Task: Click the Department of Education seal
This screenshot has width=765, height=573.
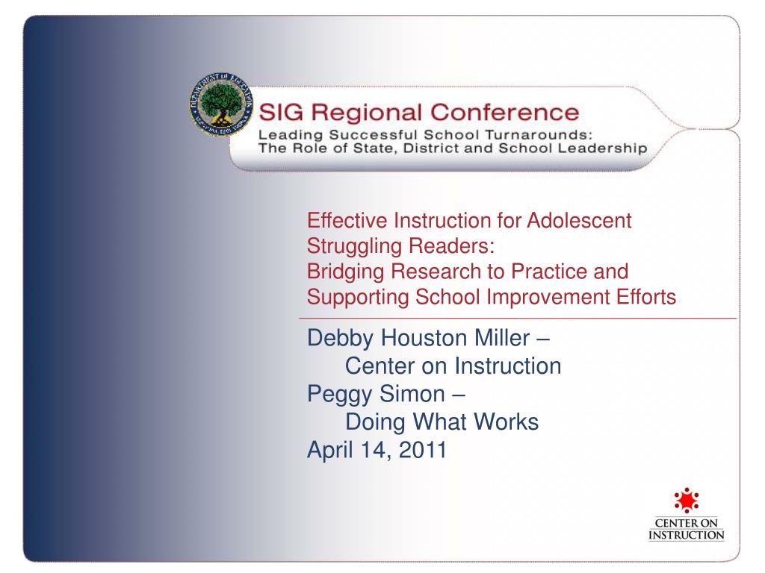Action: [x=221, y=104]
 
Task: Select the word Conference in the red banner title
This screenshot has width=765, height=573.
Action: [x=504, y=112]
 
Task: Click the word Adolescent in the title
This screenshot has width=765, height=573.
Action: [x=579, y=220]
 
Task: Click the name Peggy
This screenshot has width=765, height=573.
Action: [x=340, y=395]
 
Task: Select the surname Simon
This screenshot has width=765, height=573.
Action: [x=412, y=394]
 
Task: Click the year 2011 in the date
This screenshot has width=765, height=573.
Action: [x=423, y=449]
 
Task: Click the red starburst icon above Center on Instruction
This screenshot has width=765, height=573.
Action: [x=686, y=501]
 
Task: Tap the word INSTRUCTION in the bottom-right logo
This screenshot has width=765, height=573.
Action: [x=686, y=535]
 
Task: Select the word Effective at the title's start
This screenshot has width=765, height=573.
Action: [x=347, y=220]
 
